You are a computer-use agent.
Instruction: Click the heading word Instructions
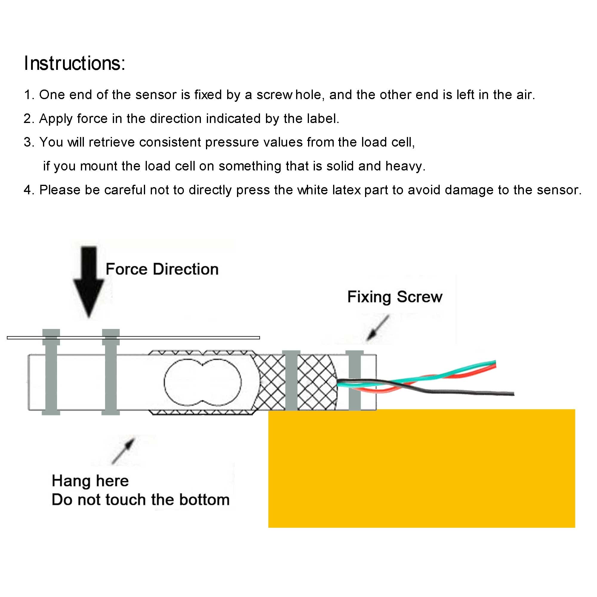tap(74, 63)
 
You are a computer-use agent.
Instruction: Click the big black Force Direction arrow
tap(89, 282)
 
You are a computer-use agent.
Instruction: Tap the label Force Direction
tap(162, 269)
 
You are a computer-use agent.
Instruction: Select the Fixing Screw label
tap(395, 297)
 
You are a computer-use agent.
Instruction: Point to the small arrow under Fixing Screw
tap(378, 328)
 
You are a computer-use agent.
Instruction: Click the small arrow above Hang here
tap(123, 451)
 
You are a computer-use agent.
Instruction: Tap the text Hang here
tap(90, 481)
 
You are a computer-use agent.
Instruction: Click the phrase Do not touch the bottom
tap(141, 500)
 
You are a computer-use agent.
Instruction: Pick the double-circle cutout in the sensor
tap(202, 383)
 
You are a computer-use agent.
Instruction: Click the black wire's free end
tap(513, 394)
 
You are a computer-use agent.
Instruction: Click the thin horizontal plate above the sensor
tap(133, 338)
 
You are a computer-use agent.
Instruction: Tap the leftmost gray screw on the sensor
tap(51, 372)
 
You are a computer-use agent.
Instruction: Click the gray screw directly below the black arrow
tap(111, 372)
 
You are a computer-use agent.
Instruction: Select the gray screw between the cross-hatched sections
tap(291, 380)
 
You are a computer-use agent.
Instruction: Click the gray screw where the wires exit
tap(354, 380)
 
